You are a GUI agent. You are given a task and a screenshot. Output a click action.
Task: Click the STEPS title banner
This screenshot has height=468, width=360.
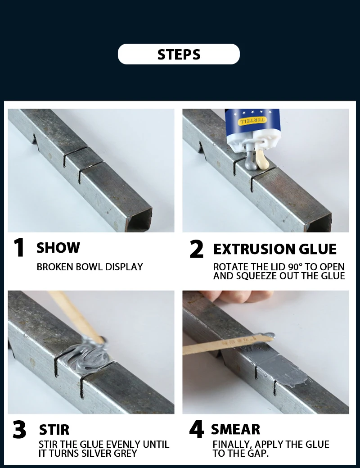[179, 54]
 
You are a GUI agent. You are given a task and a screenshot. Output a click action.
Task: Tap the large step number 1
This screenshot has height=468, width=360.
[19, 247]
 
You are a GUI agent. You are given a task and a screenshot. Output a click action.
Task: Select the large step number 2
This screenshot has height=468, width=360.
[197, 249]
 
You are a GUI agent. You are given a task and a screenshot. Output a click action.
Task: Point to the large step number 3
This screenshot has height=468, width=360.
[19, 429]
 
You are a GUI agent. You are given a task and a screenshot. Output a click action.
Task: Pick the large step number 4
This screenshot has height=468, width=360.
[197, 429]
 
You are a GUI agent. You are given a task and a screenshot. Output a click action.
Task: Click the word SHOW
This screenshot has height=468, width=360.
[58, 248]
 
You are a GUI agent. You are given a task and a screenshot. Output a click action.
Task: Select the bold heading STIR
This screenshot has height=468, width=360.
[54, 430]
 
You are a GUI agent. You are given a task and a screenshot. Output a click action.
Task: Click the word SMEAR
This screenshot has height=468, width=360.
[235, 429]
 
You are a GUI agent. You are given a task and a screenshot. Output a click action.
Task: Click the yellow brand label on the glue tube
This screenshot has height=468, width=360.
[252, 121]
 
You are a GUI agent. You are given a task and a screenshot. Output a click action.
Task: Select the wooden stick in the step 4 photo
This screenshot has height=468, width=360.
[228, 344]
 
